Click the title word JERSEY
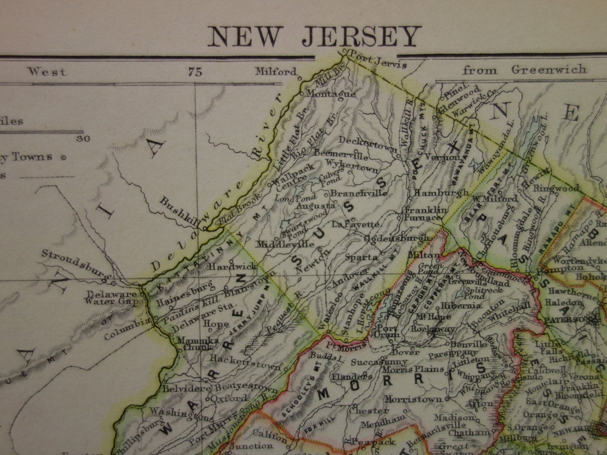coord(361,37)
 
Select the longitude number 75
coord(195,71)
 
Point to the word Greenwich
coord(549,70)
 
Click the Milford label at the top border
coord(275,71)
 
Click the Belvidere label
coord(179,388)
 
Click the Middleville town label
coord(285,244)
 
